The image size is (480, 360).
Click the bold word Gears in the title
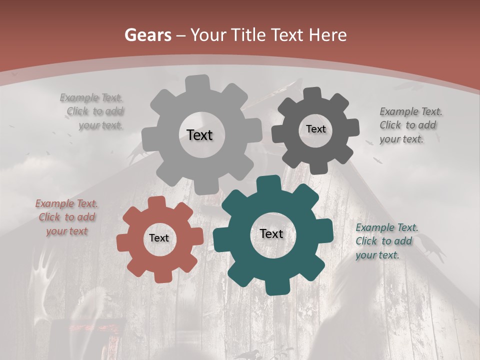(147, 35)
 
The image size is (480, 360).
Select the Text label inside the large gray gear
(199, 135)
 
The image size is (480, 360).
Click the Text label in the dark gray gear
(315, 129)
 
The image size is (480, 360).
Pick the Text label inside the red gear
(159, 238)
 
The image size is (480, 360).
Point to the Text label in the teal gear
(271, 233)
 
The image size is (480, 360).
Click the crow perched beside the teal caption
(431, 247)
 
